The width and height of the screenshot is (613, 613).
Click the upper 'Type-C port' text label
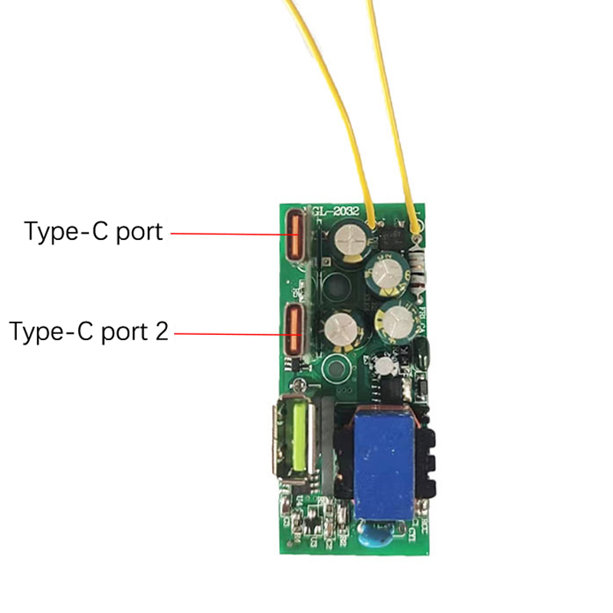click(x=93, y=231)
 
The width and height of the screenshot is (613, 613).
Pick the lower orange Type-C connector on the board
click(x=293, y=331)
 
